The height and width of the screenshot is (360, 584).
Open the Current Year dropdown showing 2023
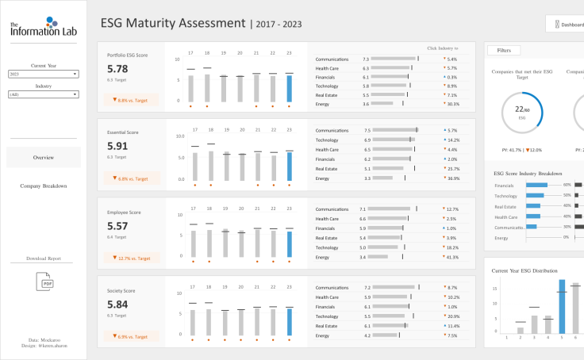pos(43,74)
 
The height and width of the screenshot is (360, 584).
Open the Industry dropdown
pos(43,94)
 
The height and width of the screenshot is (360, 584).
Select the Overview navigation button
pos(43,157)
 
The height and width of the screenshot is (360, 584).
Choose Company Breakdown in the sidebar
pos(43,186)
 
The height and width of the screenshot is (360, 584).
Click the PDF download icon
pos(43,281)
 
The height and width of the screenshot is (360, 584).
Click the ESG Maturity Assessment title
pos(173,23)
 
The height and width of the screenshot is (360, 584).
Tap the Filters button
pos(504,50)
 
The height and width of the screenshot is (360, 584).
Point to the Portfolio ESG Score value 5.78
pos(117,69)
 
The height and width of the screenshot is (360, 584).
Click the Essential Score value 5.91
pos(117,146)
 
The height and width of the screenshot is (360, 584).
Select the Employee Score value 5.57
pos(117,226)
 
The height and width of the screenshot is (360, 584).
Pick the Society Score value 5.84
pos(117,304)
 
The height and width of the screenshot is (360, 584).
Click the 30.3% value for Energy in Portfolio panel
pos(453,104)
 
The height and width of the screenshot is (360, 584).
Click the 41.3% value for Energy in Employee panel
pos(452,258)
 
